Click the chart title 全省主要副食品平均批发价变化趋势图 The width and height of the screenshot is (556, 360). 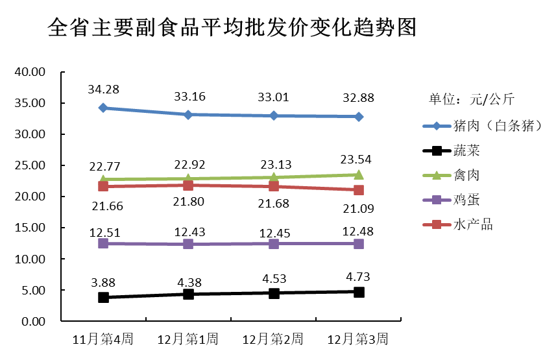pyautogui.click(x=232, y=28)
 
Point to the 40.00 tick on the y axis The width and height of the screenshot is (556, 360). pyautogui.click(x=30, y=72)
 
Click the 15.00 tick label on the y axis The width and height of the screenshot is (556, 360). pyautogui.click(x=30, y=228)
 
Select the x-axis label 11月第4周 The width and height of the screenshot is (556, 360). pyautogui.click(x=103, y=339)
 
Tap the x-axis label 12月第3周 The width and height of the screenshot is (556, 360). pyautogui.click(x=358, y=339)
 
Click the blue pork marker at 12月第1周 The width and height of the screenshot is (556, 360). pyautogui.click(x=188, y=115)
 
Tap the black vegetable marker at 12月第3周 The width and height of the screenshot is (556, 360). pyautogui.click(x=359, y=292)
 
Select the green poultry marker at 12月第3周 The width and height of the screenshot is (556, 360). pyautogui.click(x=359, y=174)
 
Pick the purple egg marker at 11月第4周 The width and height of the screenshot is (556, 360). pyautogui.click(x=103, y=243)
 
